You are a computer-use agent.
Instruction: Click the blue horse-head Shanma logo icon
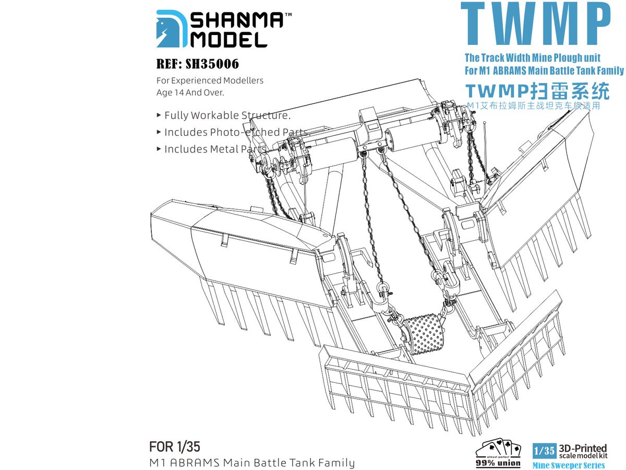click(x=172, y=29)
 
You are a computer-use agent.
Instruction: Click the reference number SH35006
click(x=212, y=64)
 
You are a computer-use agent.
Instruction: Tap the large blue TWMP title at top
click(x=536, y=23)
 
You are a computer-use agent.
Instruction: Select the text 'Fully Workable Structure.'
click(x=227, y=115)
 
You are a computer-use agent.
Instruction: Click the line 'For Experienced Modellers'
click(x=210, y=80)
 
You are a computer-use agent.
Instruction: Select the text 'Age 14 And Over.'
click(x=190, y=92)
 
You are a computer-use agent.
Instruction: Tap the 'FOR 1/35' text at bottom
click(x=175, y=446)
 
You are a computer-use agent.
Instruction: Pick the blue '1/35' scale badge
click(x=545, y=451)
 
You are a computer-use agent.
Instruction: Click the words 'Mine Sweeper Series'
click(x=569, y=465)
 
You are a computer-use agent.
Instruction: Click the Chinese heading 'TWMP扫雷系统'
click(x=538, y=91)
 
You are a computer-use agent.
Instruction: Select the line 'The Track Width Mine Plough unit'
click(x=533, y=57)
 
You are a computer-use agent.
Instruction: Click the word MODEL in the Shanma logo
click(x=228, y=40)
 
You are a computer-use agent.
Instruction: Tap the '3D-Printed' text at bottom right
click(x=583, y=448)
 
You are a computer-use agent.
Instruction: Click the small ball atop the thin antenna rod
click(x=484, y=123)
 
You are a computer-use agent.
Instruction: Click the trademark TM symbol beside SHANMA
click(x=288, y=14)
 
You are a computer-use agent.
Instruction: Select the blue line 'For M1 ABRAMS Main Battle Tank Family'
click(x=544, y=70)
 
